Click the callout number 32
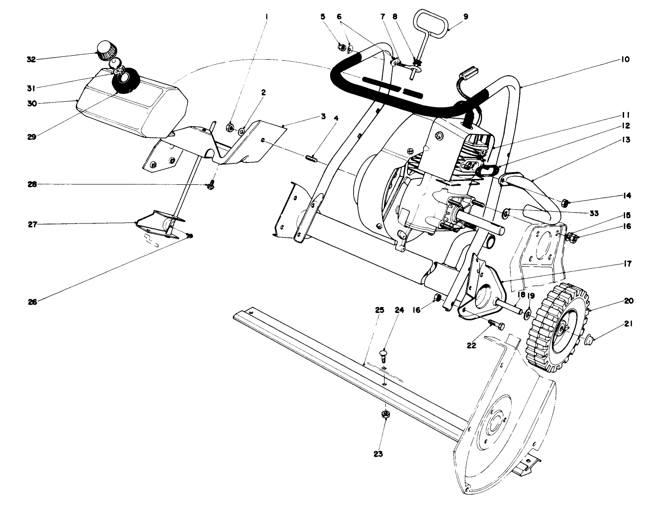point(31,60)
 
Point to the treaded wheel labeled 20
point(557,330)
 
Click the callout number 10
point(626,60)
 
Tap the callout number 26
point(31,301)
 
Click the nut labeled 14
point(564,202)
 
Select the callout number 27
point(31,224)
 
